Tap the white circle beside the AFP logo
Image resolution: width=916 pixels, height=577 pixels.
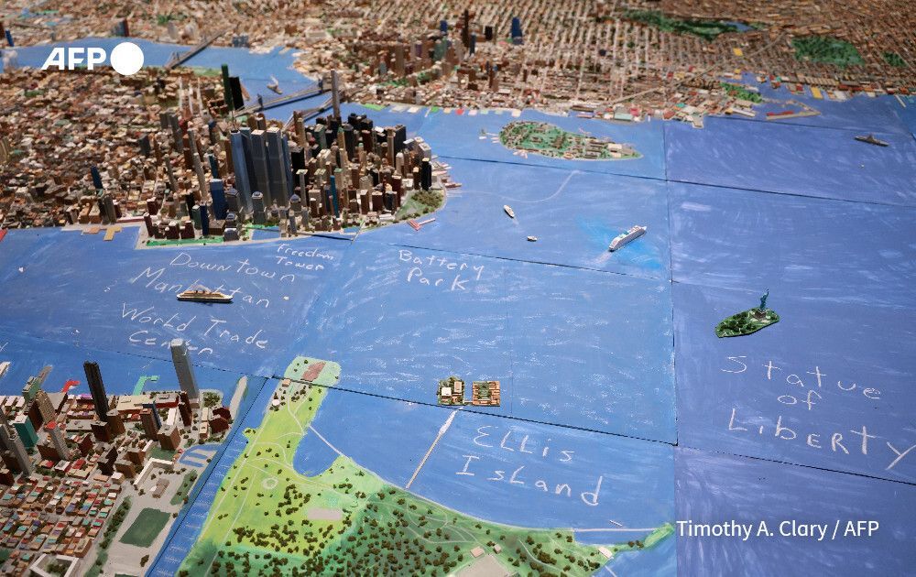[x=127, y=58]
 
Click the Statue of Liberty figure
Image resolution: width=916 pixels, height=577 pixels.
[x=761, y=302]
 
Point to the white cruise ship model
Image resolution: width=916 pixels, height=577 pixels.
[x=627, y=237]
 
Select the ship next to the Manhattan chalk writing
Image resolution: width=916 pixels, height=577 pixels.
[x=204, y=295]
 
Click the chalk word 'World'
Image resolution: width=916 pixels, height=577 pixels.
[x=158, y=320]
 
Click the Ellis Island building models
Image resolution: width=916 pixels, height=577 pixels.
[x=469, y=392]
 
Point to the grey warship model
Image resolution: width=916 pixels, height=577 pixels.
[x=871, y=140]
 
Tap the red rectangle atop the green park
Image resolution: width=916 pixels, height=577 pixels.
[x=313, y=370]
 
